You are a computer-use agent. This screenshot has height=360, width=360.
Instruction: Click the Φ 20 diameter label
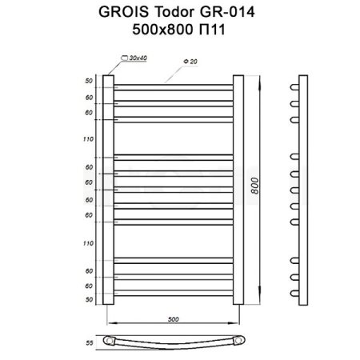coord(190,60)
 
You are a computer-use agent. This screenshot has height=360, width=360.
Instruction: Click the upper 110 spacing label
coord(88,139)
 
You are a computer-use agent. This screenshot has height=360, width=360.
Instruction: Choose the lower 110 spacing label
coord(88,242)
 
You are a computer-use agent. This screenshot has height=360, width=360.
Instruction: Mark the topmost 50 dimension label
coord(88,81)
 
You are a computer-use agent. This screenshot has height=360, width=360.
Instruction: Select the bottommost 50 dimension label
coord(88,298)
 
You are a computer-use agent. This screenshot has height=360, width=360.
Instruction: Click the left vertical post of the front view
coord(109,190)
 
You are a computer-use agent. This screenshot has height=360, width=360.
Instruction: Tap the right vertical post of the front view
coord(238,190)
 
